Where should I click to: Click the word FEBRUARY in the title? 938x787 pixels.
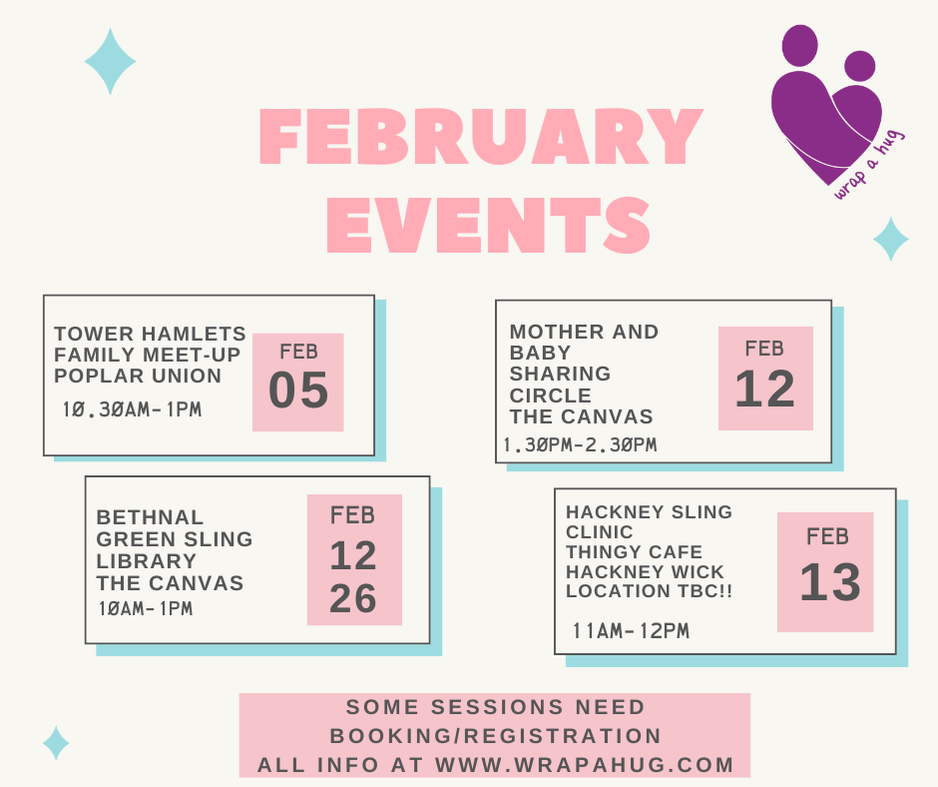[x=482, y=136]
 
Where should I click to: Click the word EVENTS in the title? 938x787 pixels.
[x=489, y=225]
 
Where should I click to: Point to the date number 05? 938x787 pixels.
[x=298, y=390]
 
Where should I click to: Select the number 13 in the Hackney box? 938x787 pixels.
[x=830, y=581]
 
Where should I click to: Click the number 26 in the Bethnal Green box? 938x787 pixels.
[x=353, y=597]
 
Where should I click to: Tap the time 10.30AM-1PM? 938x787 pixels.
[x=132, y=409]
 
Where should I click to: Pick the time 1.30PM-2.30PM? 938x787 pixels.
[x=580, y=445]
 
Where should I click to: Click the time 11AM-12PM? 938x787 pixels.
[x=631, y=630]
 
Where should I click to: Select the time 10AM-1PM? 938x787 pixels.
[x=146, y=608]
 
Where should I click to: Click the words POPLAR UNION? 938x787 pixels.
[x=138, y=377]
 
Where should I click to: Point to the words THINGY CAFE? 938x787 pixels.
[x=634, y=551]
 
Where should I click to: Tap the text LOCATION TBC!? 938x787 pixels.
[x=649, y=591]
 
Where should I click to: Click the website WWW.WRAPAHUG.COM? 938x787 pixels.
[x=585, y=765]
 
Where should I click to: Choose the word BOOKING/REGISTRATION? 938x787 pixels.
[x=496, y=735]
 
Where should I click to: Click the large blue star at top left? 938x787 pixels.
[x=110, y=61]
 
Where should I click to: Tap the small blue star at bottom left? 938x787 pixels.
[x=56, y=743]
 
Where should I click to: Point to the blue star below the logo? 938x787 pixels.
[x=891, y=239]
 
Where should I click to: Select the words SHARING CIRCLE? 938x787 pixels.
[x=560, y=385]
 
